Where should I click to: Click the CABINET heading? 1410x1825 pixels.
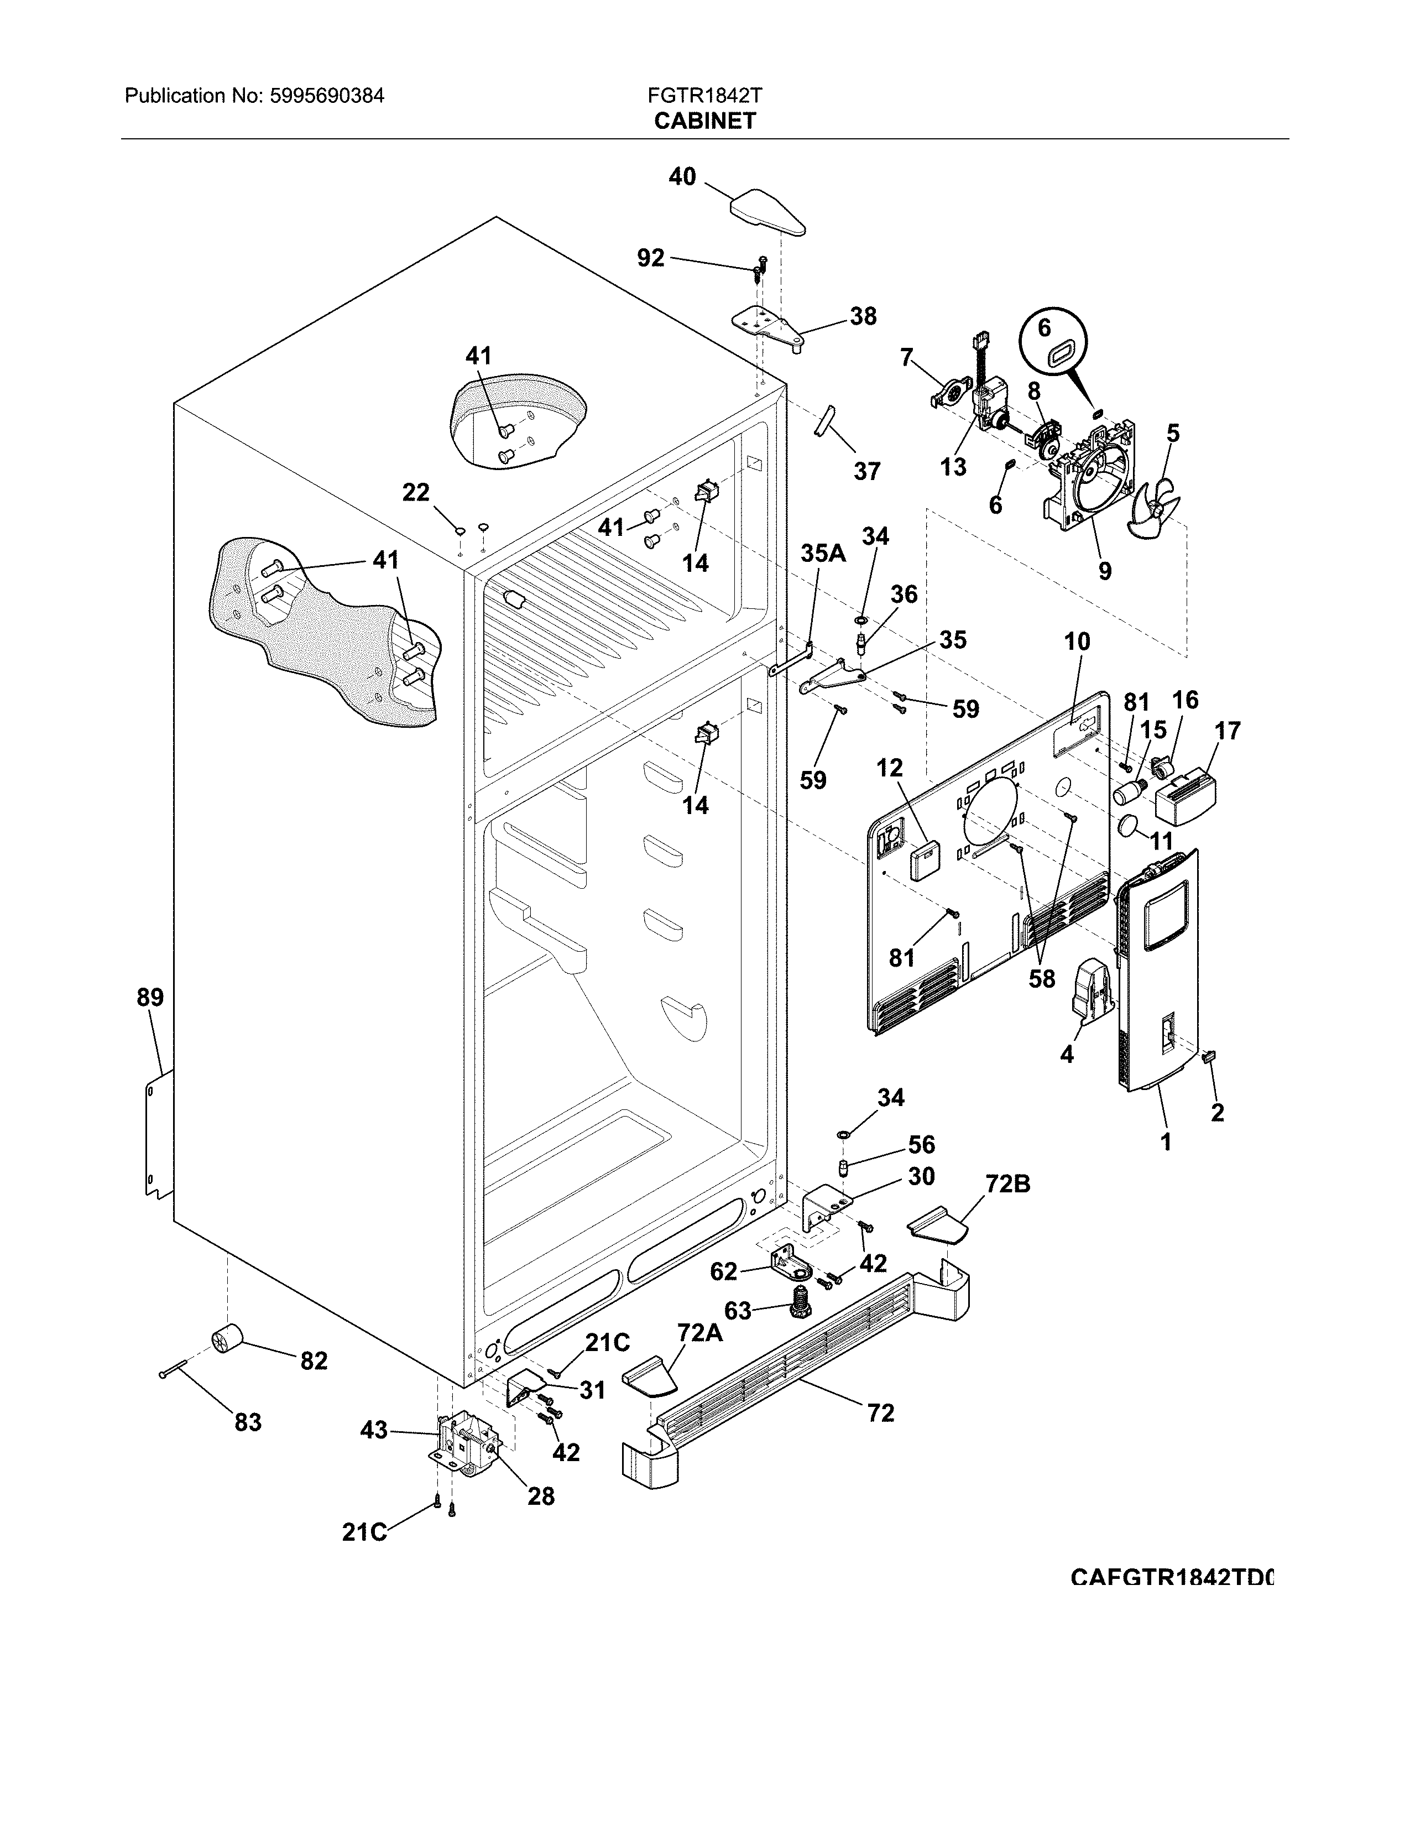tap(704, 121)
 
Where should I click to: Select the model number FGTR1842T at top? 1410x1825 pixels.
tap(704, 96)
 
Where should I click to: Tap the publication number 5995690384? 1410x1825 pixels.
tap(327, 96)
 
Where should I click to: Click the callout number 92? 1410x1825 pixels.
tap(651, 258)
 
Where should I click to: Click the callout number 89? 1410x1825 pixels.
tap(150, 997)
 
